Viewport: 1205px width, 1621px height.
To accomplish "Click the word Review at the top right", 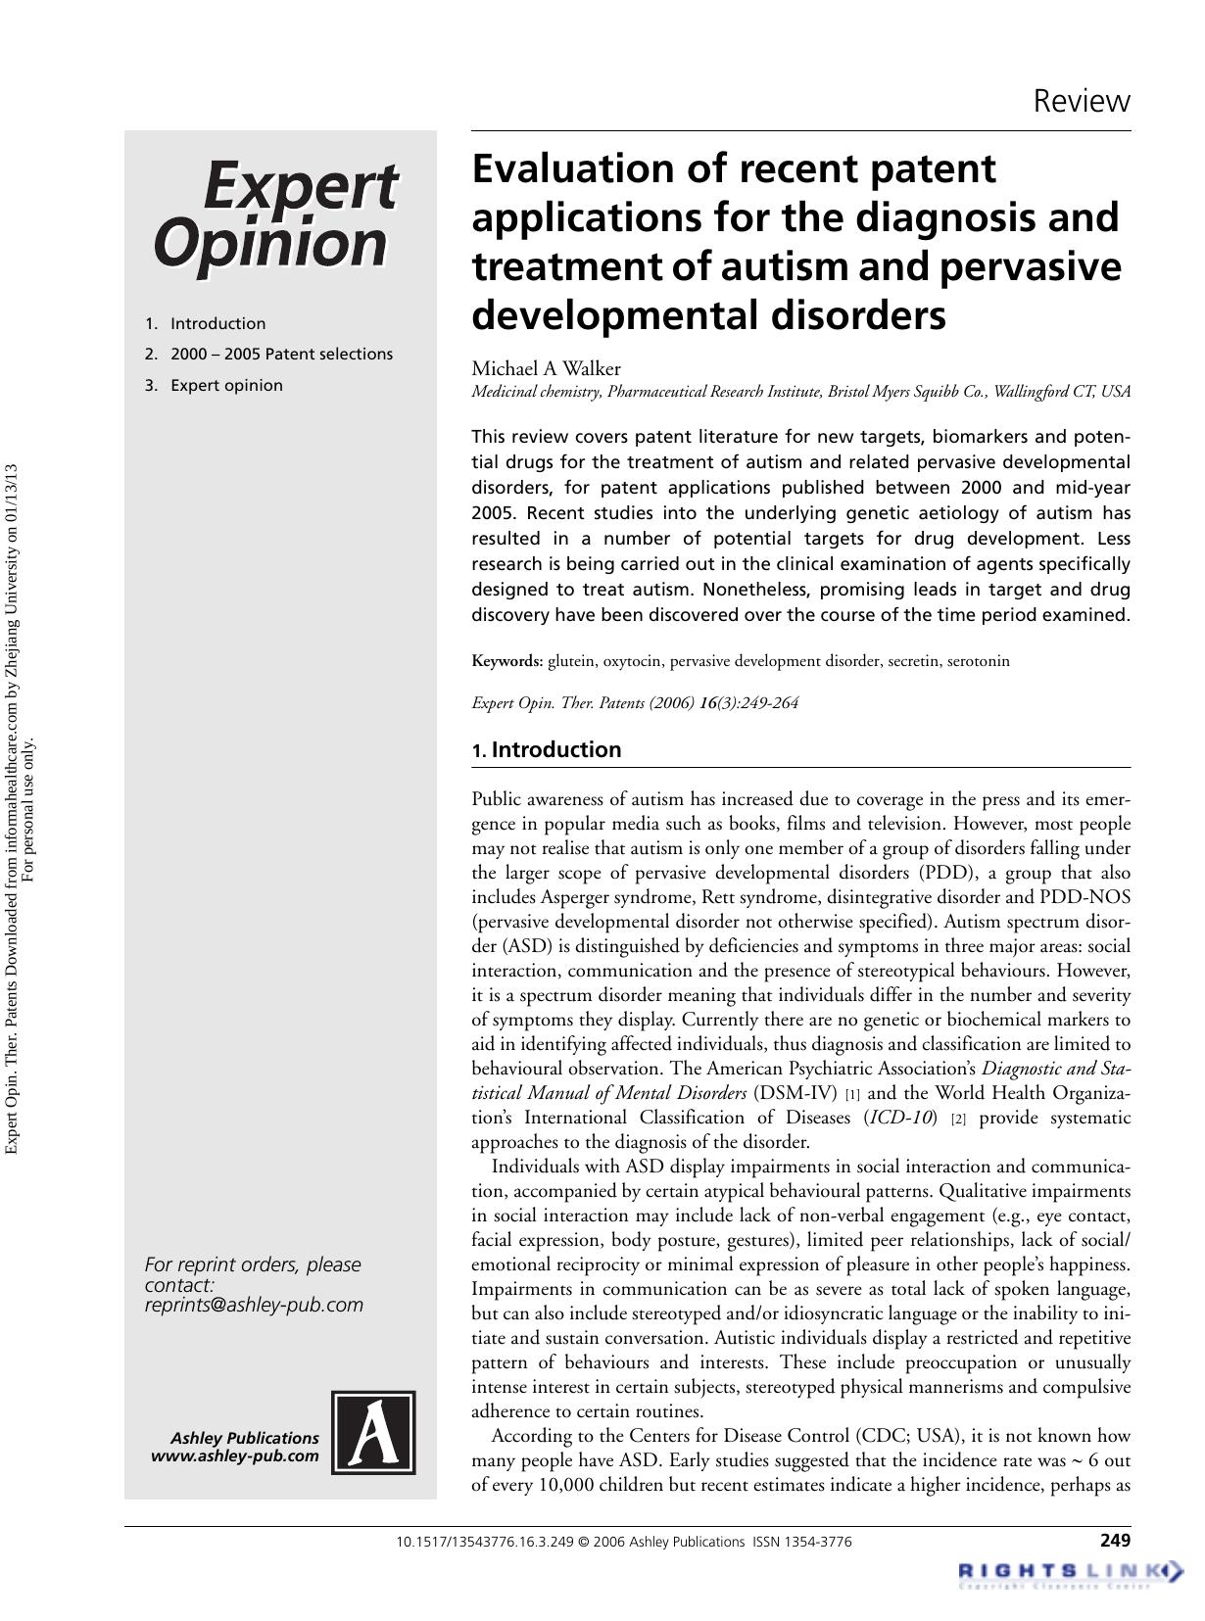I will point(1082,101).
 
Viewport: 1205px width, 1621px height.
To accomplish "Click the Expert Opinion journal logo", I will point(275,215).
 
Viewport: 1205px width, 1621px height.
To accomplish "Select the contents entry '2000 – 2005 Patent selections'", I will point(281,354).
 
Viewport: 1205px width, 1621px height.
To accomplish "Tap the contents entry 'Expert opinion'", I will point(226,385).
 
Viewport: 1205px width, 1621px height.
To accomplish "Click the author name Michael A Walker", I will point(546,368).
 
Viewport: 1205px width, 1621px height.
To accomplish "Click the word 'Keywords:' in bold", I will point(506,661).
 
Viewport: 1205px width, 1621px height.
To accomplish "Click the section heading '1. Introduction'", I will point(546,749).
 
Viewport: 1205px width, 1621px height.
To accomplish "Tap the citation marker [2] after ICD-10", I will point(958,1119).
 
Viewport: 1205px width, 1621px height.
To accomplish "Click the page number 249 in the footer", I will point(1115,1540).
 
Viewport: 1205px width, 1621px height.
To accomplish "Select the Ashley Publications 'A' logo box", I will point(373,1432).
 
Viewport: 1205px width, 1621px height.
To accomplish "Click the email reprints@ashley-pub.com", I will point(254,1305).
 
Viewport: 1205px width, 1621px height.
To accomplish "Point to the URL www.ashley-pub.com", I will point(235,1455).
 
